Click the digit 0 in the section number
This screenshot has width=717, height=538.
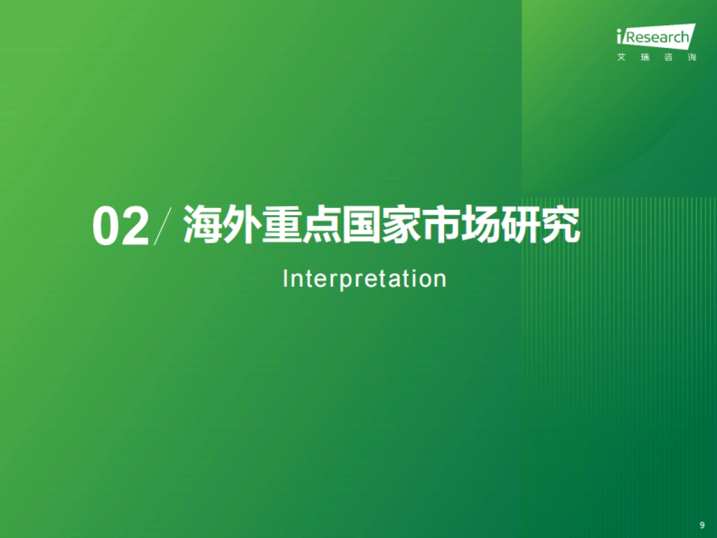coord(106,227)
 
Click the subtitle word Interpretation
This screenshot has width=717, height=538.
coord(364,279)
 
